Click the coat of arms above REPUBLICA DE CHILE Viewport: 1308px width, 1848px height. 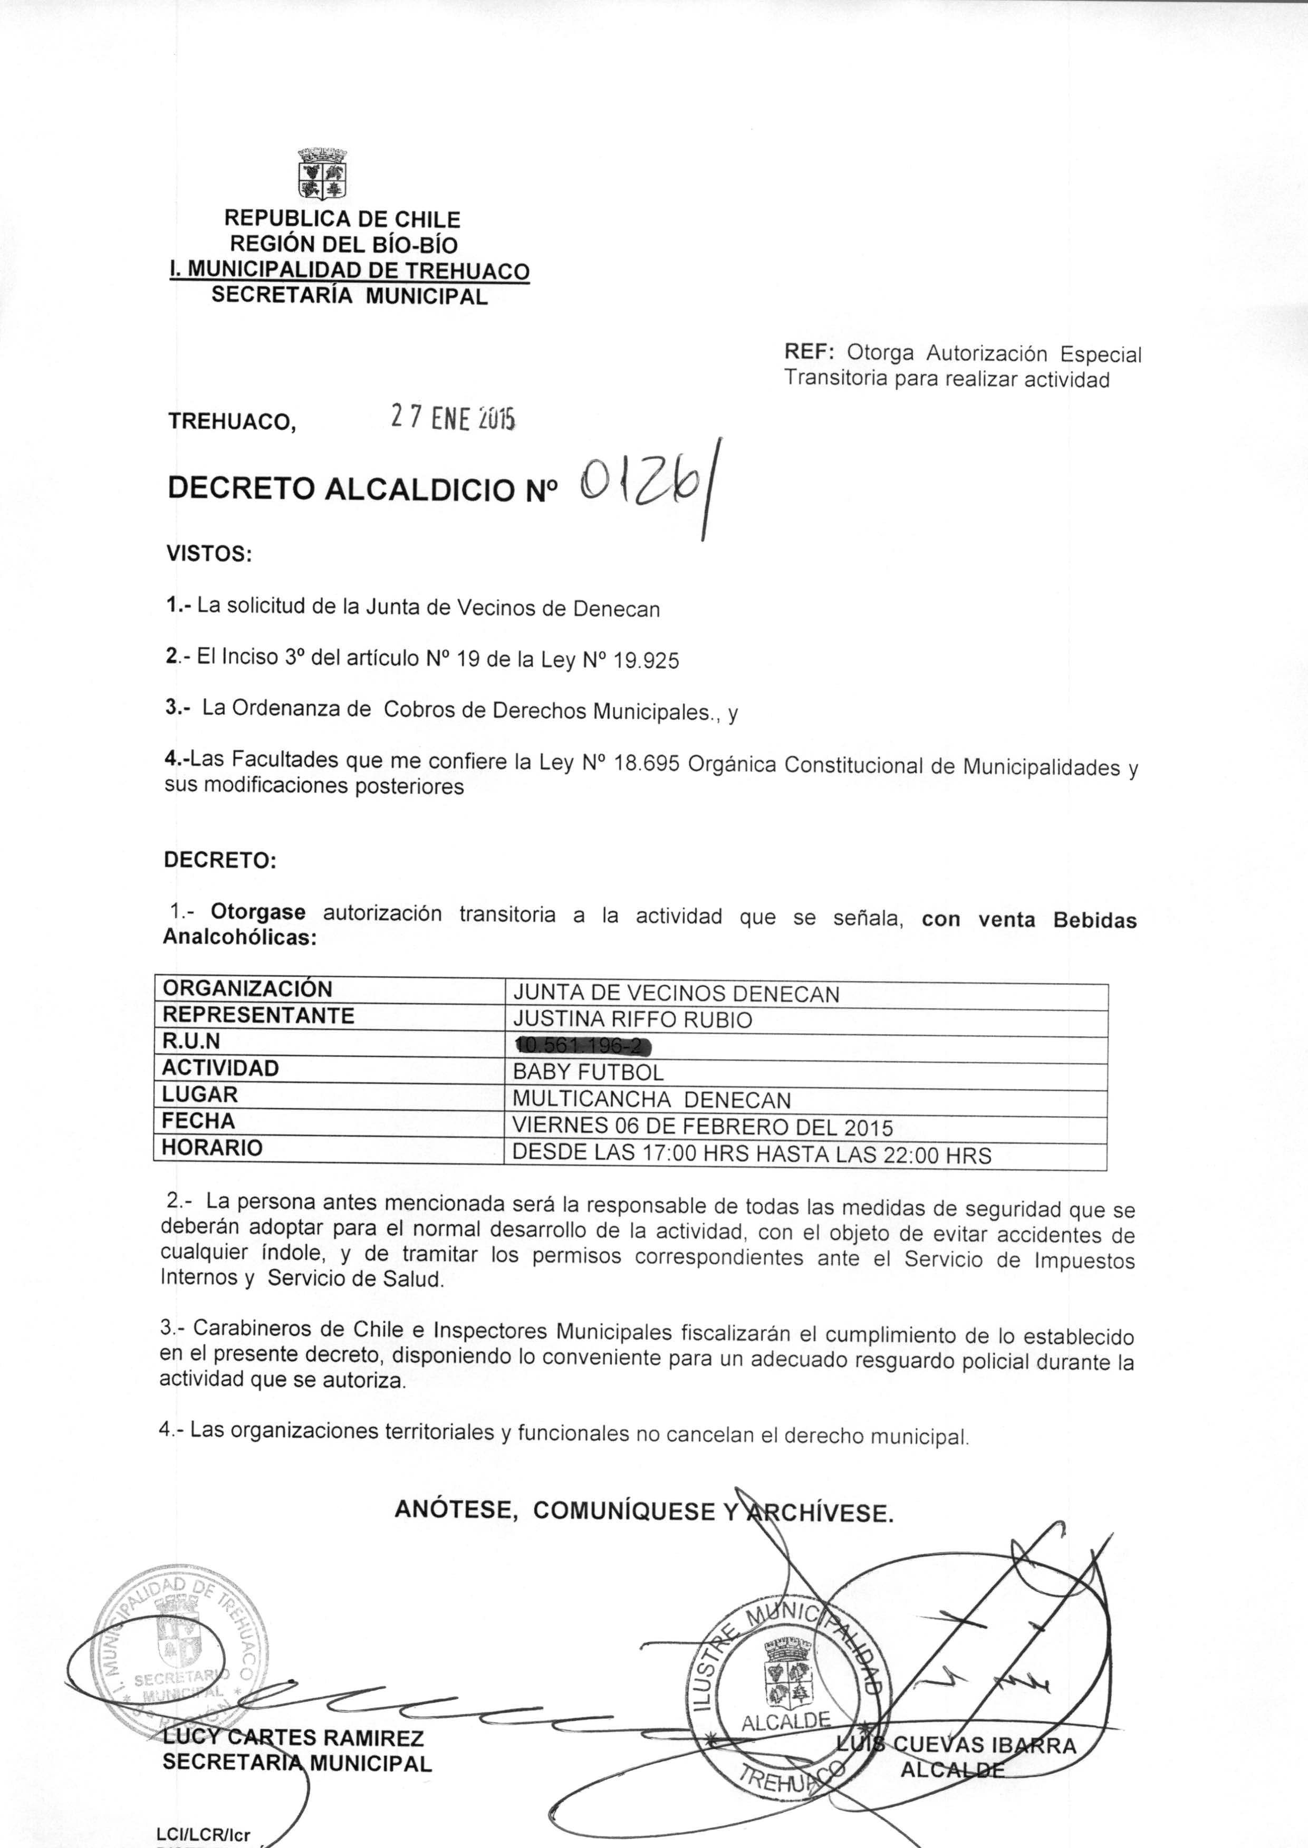(322, 173)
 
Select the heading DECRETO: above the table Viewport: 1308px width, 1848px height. (220, 860)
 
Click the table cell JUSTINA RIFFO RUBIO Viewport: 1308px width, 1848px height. (632, 1019)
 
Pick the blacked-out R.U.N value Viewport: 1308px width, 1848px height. (582, 1046)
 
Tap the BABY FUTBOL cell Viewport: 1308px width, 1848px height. (588, 1073)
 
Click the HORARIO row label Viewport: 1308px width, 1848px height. (213, 1148)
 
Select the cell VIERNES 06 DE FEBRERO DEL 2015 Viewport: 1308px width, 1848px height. (703, 1127)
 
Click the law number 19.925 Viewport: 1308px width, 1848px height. (646, 661)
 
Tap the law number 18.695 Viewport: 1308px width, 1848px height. (647, 763)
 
